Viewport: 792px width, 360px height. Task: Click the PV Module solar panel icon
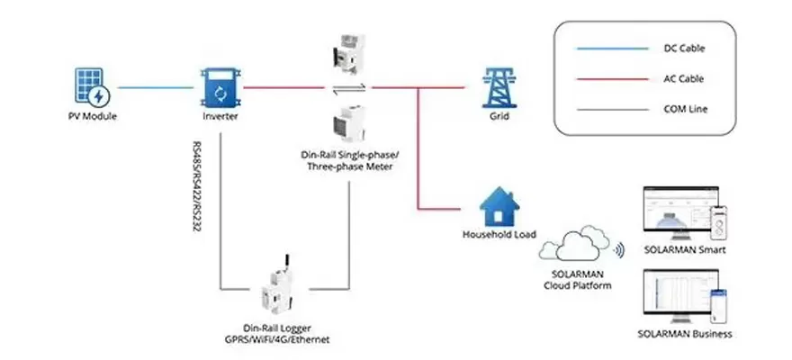coord(93,87)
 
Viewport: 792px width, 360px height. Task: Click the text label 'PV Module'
coord(93,117)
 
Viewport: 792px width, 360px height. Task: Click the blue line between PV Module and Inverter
coord(155,87)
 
